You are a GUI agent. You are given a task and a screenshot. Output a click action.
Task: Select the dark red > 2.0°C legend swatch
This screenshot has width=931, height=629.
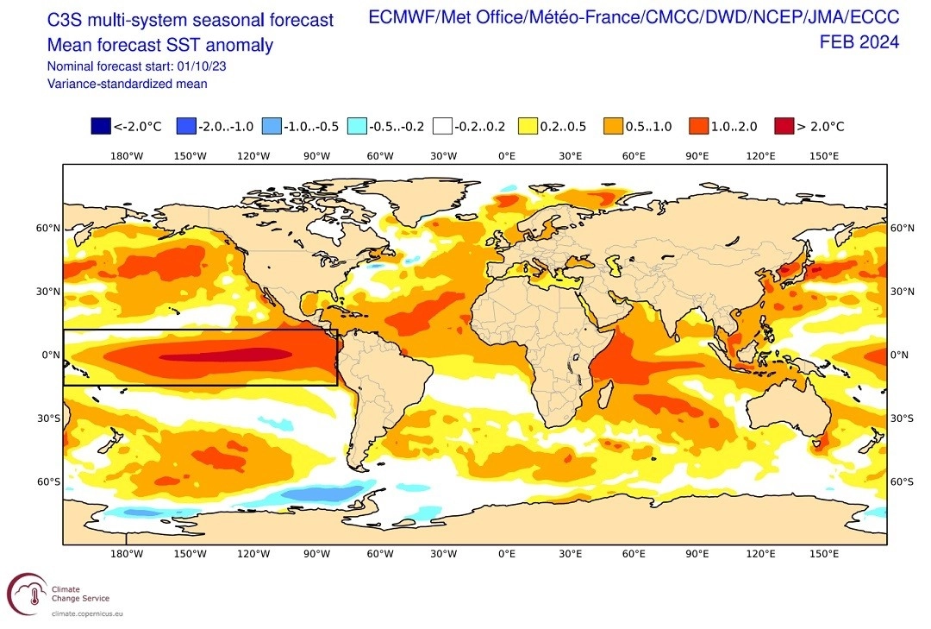click(783, 127)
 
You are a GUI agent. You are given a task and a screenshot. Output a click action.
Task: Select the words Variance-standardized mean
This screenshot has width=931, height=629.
click(128, 84)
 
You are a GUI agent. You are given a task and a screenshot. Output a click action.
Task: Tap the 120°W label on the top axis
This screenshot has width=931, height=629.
click(253, 156)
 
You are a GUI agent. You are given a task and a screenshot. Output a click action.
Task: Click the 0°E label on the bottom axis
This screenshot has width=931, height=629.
click(507, 554)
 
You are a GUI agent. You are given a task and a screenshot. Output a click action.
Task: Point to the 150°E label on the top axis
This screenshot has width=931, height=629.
click(824, 156)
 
